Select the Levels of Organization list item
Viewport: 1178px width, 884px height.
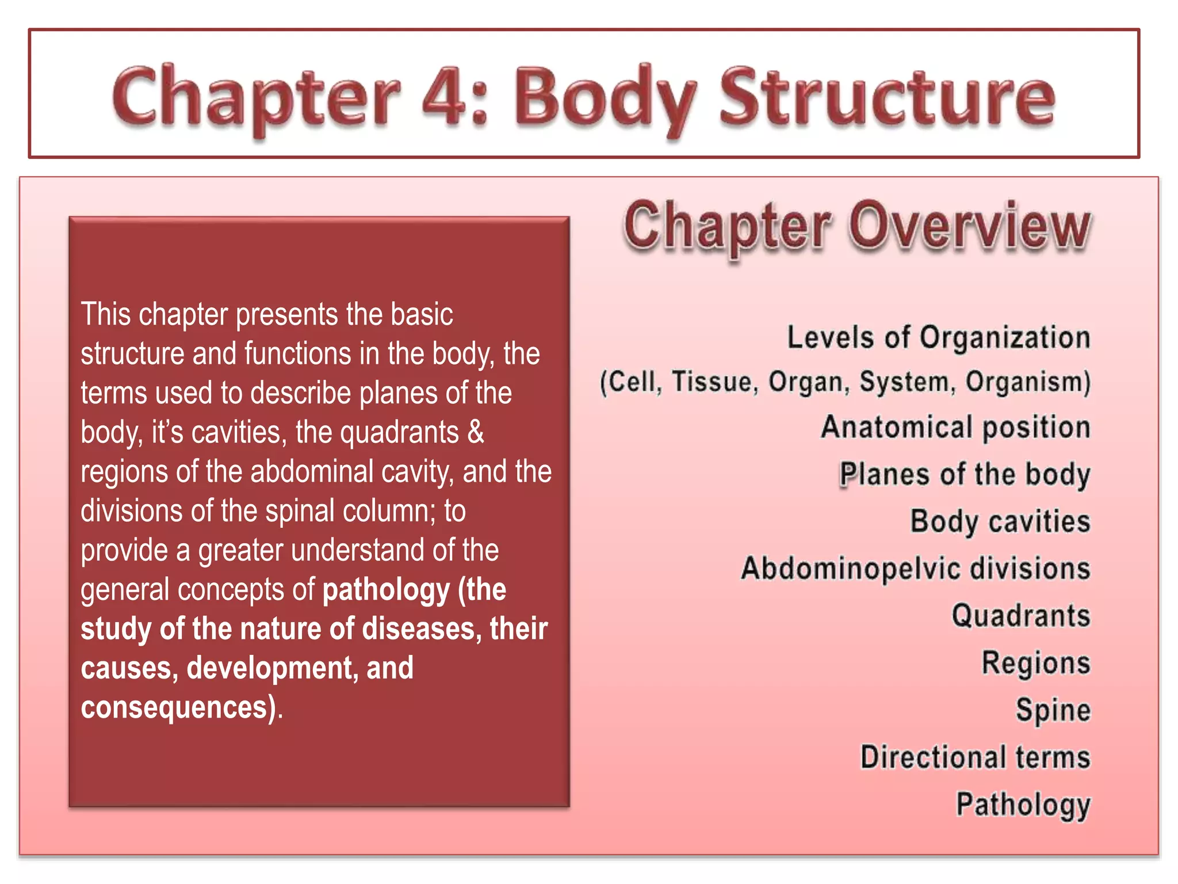[x=938, y=337]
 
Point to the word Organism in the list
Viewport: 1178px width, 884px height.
[x=1027, y=382]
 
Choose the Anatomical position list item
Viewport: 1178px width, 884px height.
[x=955, y=428]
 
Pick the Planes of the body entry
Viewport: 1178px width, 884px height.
[x=965, y=475]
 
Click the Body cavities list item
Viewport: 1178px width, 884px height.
[x=1000, y=522]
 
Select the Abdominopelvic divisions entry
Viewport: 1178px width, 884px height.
[x=915, y=569]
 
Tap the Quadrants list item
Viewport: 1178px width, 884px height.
[x=1021, y=616]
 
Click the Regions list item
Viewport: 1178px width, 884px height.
[x=1035, y=663]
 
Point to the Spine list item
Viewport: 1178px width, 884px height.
[x=1053, y=710]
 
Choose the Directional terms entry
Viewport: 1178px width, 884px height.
[x=975, y=757]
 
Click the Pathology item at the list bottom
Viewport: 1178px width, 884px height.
[x=1023, y=805]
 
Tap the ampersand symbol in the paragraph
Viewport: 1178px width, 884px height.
[x=476, y=432]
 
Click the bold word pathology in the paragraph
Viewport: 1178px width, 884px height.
[x=386, y=590]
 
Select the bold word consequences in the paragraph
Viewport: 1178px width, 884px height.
[x=174, y=707]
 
